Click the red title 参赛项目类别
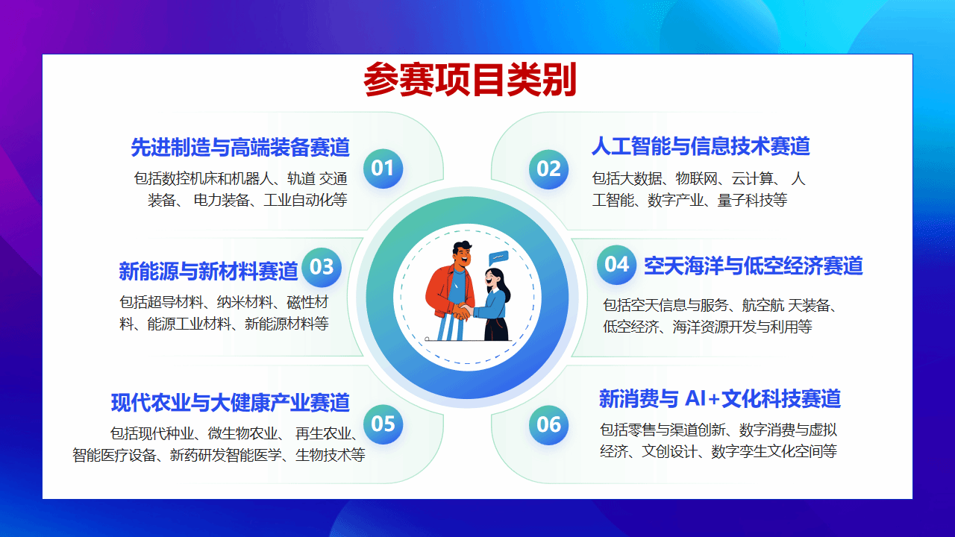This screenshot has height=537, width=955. (470, 80)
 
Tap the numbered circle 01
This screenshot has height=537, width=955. (383, 169)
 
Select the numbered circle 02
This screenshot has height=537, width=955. (548, 169)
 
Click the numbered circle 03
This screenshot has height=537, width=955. (322, 267)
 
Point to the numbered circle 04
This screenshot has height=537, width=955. (616, 265)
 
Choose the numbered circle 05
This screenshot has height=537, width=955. (383, 424)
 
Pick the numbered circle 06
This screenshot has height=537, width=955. (548, 425)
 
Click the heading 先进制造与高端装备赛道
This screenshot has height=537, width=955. (240, 148)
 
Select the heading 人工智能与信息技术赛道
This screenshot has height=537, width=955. (701, 145)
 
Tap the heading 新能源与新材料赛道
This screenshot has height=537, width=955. (208, 271)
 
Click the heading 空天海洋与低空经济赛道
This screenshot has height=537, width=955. (754, 266)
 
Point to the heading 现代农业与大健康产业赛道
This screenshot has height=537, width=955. (231, 402)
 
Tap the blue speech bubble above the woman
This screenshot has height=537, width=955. (498, 258)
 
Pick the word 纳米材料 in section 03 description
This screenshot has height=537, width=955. (245, 302)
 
